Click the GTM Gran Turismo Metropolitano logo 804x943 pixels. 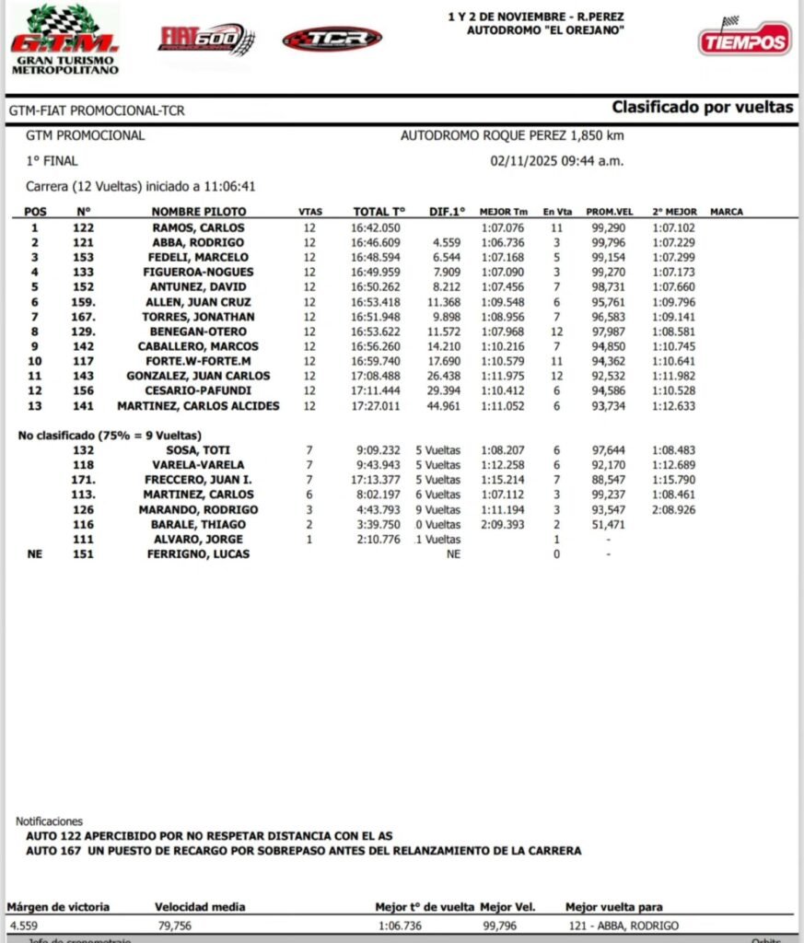[64, 40]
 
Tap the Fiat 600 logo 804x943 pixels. [206, 40]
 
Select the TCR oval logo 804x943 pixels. [332, 39]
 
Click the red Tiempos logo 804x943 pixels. [744, 39]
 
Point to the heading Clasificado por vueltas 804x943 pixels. [702, 108]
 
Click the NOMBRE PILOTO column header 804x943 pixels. [199, 212]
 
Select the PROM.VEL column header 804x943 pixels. [610, 212]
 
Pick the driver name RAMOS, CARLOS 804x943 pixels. [199, 227]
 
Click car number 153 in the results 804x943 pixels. [84, 257]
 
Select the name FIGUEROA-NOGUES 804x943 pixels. [199, 272]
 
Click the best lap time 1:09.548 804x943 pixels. [503, 302]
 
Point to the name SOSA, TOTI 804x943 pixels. [199, 450]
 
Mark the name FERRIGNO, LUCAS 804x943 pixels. [199, 553]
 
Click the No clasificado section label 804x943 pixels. [111, 435]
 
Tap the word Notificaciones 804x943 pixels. [49, 821]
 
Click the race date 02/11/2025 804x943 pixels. [526, 161]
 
